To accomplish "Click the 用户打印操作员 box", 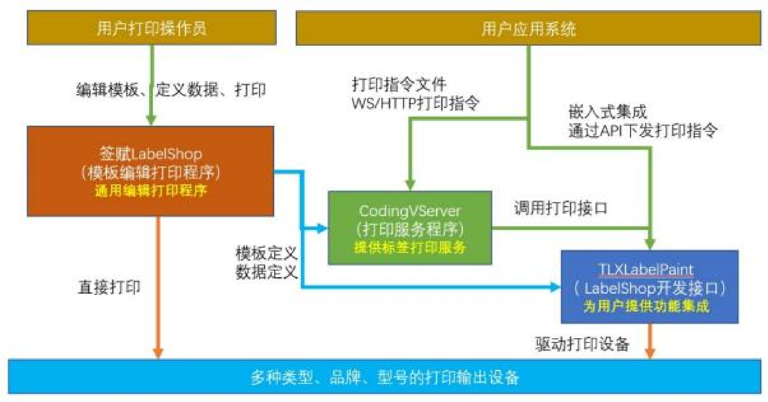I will coord(151,28).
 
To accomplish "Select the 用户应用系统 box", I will coord(528,28).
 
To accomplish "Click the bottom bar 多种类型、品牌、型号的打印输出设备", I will coord(384,377).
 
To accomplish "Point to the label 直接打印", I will coord(109,287).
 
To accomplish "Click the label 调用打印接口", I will coord(561,208).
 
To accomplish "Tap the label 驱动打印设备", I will coord(582,344).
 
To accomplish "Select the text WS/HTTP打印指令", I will coord(415,103).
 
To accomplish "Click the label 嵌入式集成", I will coord(607,112).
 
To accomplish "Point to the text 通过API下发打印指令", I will coord(643,130).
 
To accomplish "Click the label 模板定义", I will coord(266,254).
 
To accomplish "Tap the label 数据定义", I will coord(266,272).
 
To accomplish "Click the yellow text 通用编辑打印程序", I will coord(150,191).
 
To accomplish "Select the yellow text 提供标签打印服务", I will coord(410,247).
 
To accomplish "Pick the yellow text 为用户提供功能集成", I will coord(646,306).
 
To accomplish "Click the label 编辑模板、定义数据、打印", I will coord(171,90).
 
